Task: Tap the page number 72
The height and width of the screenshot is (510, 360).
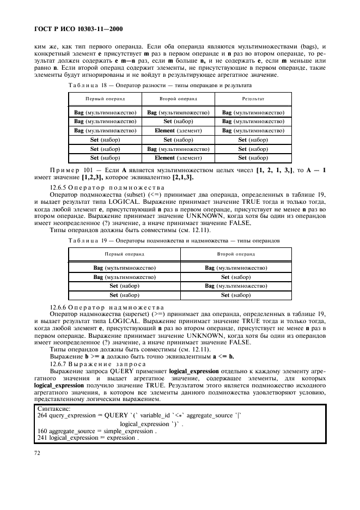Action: point(37,452)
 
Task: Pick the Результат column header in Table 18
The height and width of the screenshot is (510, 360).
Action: point(253,100)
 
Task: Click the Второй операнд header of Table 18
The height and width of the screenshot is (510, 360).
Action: point(178,100)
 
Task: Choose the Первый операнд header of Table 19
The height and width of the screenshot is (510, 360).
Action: point(124,254)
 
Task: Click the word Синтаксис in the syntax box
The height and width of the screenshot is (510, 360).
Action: point(53,408)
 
